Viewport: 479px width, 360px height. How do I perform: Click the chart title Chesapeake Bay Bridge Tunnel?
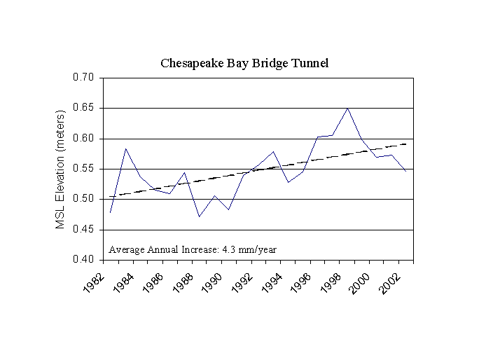click(x=244, y=63)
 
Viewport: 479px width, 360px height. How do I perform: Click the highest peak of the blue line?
click(x=348, y=108)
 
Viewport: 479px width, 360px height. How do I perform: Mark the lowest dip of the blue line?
click(x=200, y=216)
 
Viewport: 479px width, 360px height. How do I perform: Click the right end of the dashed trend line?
click(x=406, y=144)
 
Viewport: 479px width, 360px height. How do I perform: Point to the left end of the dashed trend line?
click(x=111, y=196)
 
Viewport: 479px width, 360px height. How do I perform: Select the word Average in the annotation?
click(x=124, y=249)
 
